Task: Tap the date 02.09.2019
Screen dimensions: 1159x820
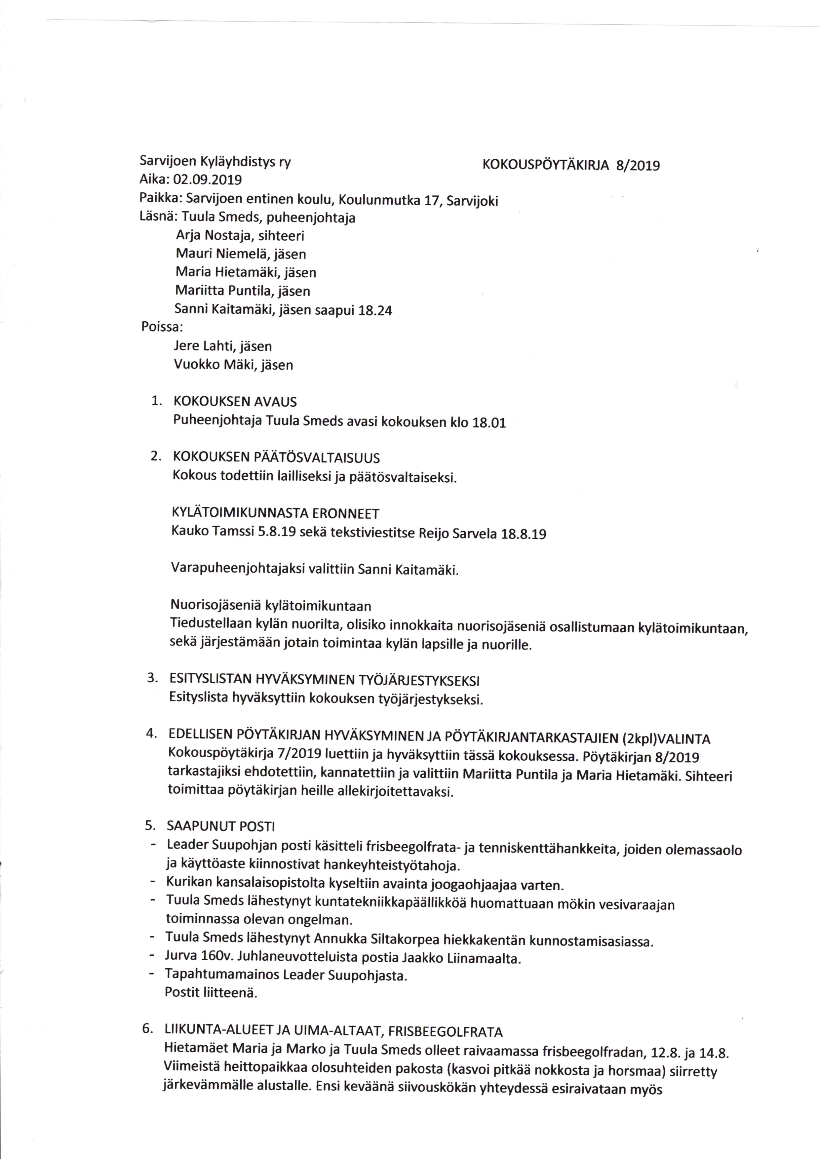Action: [x=207, y=180]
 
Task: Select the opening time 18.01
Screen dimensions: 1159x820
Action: [x=489, y=423]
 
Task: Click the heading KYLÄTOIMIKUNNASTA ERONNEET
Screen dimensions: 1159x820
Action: [x=275, y=514]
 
